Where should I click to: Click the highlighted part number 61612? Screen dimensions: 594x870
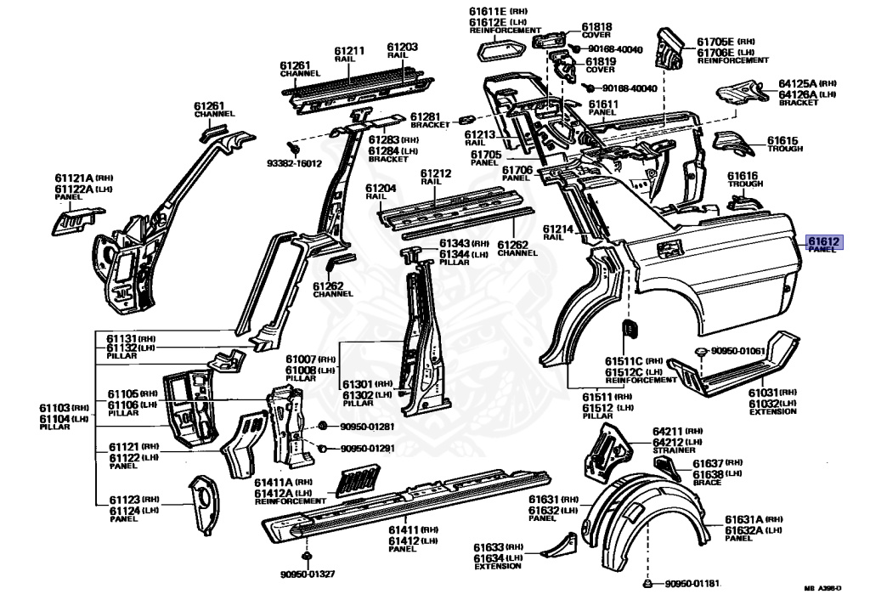coord(824,241)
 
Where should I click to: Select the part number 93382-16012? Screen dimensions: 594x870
coord(295,163)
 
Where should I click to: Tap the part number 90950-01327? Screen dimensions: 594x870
coord(308,574)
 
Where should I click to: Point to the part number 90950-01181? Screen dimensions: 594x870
coord(692,584)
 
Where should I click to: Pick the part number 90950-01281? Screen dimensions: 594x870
coord(367,427)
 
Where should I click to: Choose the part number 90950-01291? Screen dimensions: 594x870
coord(367,448)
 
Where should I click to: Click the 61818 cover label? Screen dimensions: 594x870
coord(596,26)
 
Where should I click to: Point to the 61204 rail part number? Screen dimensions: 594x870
coord(381,188)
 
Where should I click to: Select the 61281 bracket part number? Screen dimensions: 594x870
coord(425,116)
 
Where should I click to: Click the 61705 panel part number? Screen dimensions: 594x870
coord(487,154)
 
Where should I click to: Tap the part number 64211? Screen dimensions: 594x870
coord(668,433)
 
